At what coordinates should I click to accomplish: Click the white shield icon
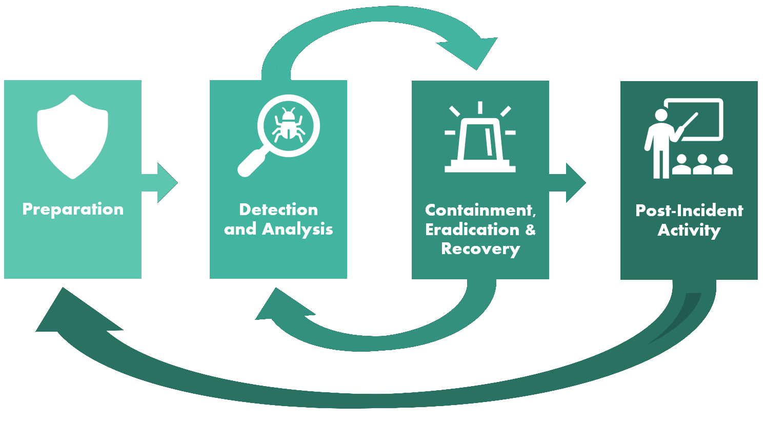[x=73, y=137]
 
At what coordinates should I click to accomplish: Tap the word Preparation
[x=73, y=209]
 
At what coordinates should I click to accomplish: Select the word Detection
[x=278, y=209]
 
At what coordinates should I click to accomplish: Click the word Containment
[x=480, y=210]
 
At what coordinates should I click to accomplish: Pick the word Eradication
[x=472, y=229]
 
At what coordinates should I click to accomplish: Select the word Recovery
[x=480, y=249]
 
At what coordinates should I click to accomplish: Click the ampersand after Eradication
[x=530, y=229]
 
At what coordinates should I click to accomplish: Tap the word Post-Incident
[x=689, y=210]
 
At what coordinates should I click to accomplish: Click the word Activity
[x=689, y=230]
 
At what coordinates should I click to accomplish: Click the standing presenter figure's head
[x=661, y=116]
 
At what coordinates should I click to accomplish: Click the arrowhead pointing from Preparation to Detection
[x=166, y=183]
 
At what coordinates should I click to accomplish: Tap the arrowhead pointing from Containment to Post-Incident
[x=575, y=183]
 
